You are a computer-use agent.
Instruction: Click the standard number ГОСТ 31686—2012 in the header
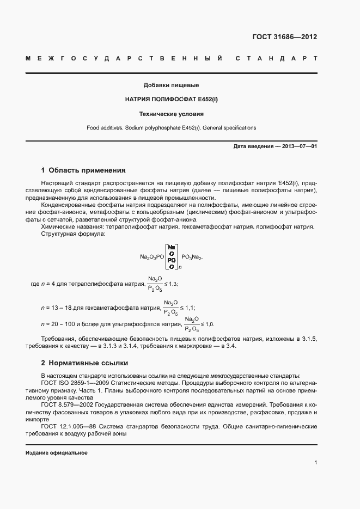(x=284, y=37)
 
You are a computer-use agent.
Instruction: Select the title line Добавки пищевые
(x=171, y=85)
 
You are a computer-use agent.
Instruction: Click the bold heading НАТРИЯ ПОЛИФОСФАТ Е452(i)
(x=171, y=100)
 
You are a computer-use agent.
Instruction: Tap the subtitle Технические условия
(x=171, y=114)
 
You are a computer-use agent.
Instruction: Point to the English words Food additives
(x=104, y=128)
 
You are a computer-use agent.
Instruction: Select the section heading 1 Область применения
(x=83, y=170)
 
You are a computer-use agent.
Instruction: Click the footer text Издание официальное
(x=57, y=453)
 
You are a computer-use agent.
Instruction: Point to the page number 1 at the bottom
(x=315, y=463)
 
